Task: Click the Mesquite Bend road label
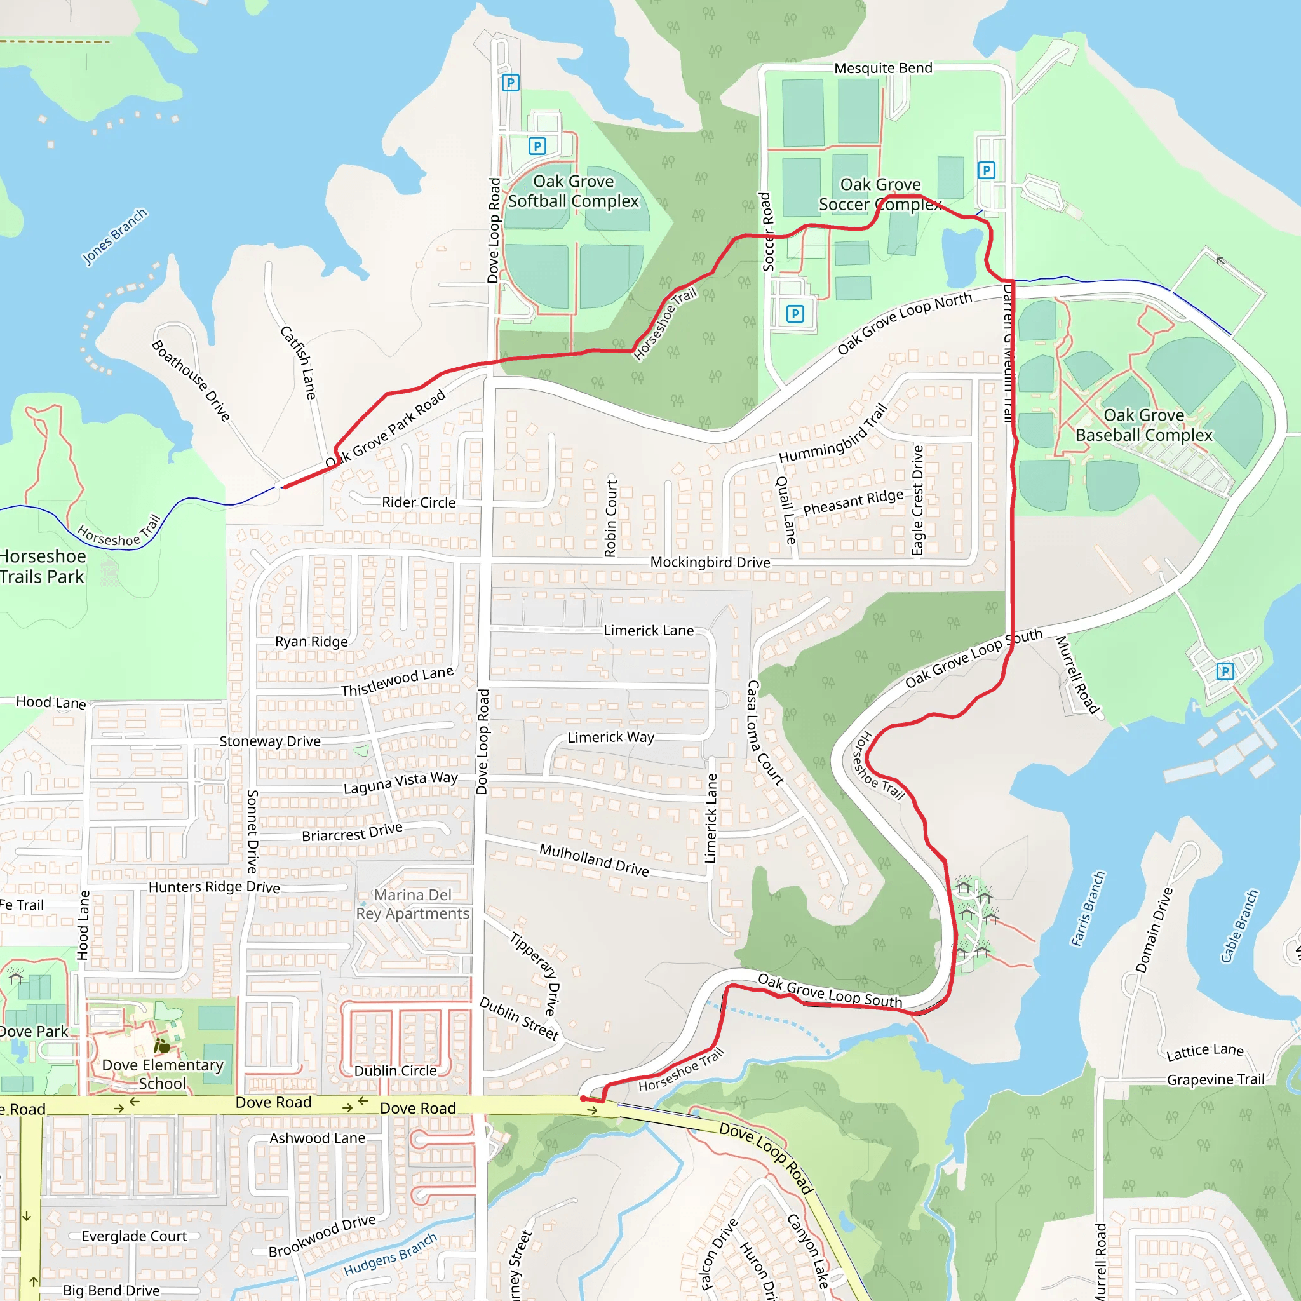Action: pyautogui.click(x=883, y=68)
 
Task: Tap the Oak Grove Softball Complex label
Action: pyautogui.click(x=573, y=191)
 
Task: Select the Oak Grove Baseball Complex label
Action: pyautogui.click(x=1143, y=425)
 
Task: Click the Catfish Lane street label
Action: pyautogui.click(x=299, y=362)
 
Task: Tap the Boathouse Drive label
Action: pyautogui.click(x=191, y=381)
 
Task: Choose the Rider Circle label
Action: pyautogui.click(x=418, y=502)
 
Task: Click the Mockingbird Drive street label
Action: pyautogui.click(x=710, y=562)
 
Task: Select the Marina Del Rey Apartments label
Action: pyautogui.click(x=412, y=904)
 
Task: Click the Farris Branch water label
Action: pyautogui.click(x=1088, y=908)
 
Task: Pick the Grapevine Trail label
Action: pyautogui.click(x=1215, y=1079)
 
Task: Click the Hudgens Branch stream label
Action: pyautogui.click(x=390, y=1255)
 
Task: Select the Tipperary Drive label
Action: pyautogui.click(x=534, y=973)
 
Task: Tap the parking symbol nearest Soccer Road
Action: pyautogui.click(x=795, y=313)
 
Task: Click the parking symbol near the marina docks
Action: pyautogui.click(x=1225, y=671)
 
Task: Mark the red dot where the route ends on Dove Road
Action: pyautogui.click(x=584, y=1098)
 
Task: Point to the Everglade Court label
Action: pyautogui.click(x=134, y=1236)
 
